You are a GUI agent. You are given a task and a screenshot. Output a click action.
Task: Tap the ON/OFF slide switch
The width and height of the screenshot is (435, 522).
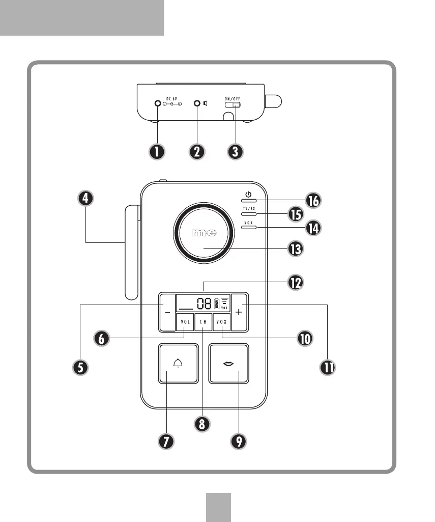[x=234, y=106]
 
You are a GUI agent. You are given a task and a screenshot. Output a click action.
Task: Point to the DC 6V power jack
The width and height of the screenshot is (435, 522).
[x=158, y=104]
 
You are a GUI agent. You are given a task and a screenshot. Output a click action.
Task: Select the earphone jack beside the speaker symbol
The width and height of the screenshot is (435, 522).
[x=197, y=104]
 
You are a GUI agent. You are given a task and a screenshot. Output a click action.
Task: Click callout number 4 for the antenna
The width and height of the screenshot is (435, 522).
[x=86, y=199]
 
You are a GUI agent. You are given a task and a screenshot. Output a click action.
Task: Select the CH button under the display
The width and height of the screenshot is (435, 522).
[x=204, y=322]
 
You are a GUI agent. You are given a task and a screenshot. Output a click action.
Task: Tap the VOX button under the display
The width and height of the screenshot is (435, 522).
[x=222, y=322]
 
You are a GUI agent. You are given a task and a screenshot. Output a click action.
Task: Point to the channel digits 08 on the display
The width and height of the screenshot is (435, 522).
[x=205, y=304]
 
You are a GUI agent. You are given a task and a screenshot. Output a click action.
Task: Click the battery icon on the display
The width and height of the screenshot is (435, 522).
[x=217, y=304]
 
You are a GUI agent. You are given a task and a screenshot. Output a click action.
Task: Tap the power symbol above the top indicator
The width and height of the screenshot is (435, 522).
[x=248, y=194]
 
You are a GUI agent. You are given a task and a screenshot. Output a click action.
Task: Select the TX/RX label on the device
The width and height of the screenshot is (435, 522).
[x=248, y=209]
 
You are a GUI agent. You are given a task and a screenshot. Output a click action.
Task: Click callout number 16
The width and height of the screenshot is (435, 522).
[x=312, y=201]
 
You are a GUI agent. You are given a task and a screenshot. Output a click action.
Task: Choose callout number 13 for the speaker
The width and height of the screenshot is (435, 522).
[x=295, y=249]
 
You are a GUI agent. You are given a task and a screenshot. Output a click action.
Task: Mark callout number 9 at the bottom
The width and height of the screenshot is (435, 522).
[x=238, y=441]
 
